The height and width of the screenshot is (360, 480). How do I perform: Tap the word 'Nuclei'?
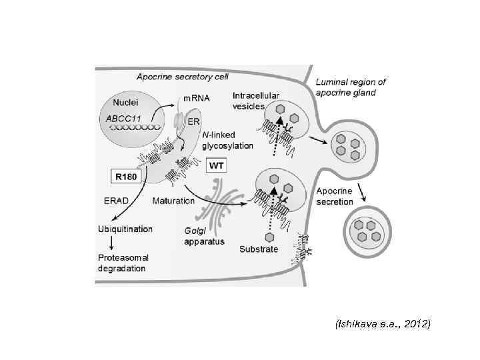tap(125, 103)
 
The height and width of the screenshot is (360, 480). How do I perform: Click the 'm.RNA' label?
tap(197, 98)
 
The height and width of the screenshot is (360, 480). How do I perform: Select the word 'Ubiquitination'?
tap(125, 229)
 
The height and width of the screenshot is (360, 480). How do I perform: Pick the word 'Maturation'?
tap(173, 200)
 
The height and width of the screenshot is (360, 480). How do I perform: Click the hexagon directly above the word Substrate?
tap(270, 237)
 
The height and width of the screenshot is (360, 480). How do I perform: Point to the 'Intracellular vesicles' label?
tap(256, 101)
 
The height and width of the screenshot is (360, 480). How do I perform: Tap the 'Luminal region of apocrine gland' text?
tap(351, 87)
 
